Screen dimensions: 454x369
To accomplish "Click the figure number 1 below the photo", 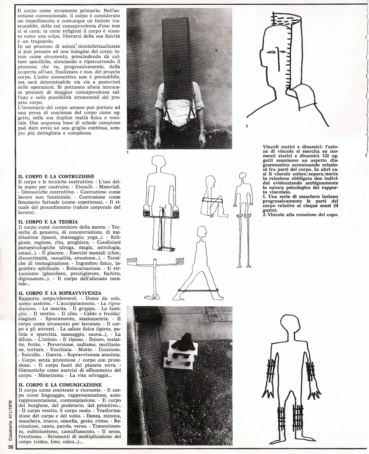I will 128,153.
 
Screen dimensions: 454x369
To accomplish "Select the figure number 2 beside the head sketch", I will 246,126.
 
